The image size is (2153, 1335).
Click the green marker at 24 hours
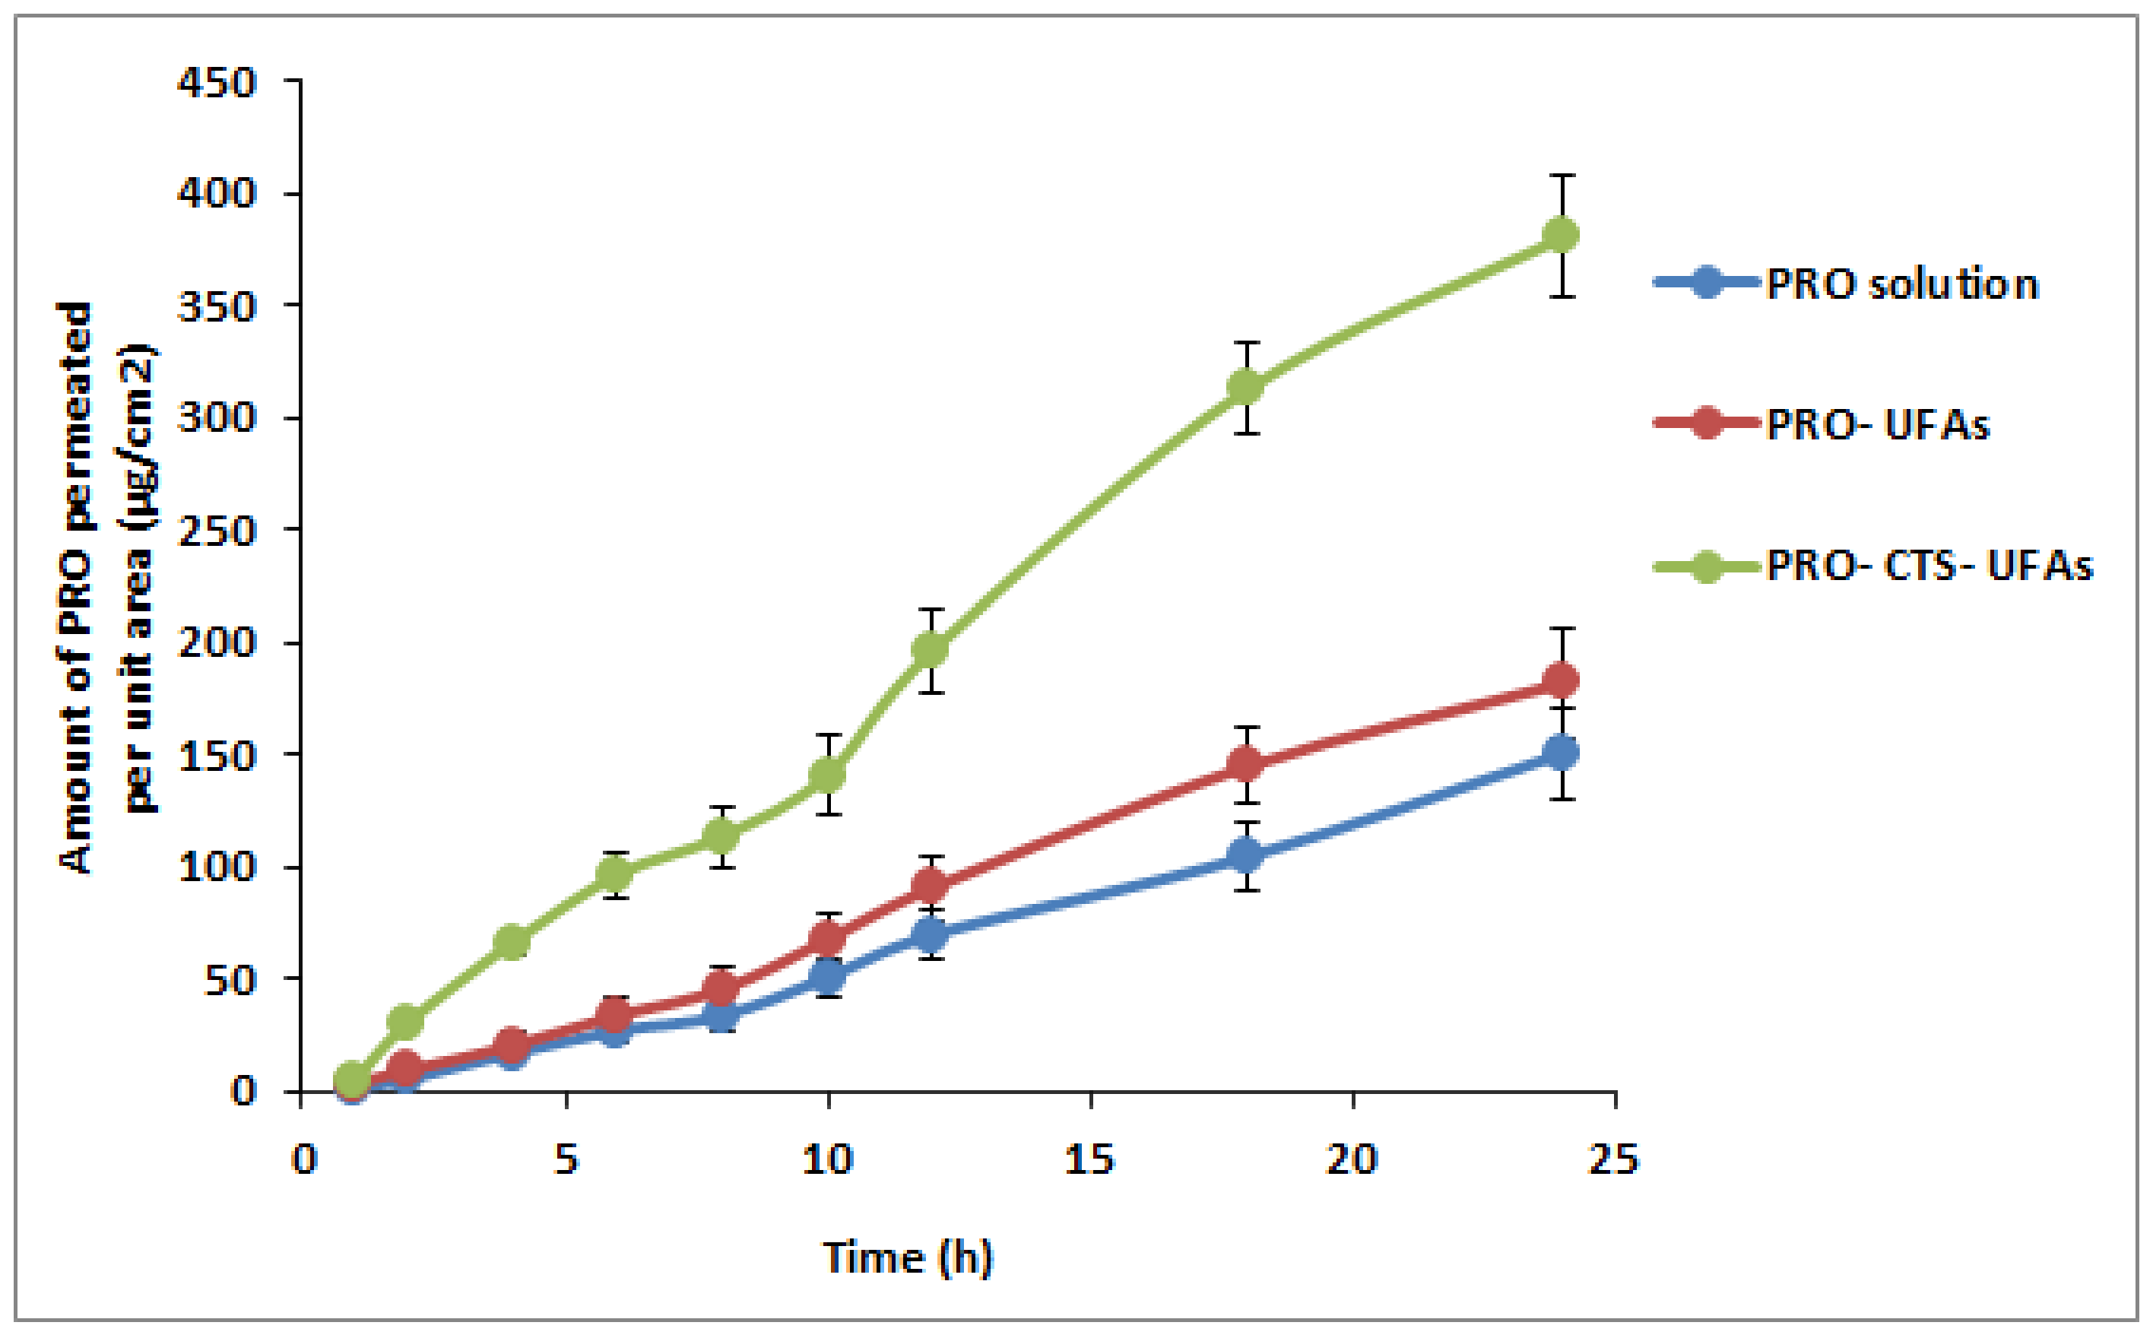pos(1561,235)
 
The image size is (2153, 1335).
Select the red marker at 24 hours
pos(1561,680)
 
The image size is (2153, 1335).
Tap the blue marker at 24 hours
pos(1561,752)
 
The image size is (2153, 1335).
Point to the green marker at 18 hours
pos(1245,387)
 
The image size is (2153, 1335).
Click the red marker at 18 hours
pos(1245,764)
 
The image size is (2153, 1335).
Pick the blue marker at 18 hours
pos(1245,855)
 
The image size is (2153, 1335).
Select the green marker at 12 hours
pos(931,650)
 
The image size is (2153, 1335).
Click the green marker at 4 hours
pos(511,943)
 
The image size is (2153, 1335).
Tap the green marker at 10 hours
pos(827,775)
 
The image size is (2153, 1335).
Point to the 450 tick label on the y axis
pos(216,83)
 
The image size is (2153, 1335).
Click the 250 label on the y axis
pos(216,531)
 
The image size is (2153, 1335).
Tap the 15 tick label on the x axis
pos(1089,1159)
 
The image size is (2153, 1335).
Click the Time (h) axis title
pos(908,1257)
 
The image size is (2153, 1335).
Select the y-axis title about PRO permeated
pos(106,587)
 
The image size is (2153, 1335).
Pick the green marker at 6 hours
pos(614,874)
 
